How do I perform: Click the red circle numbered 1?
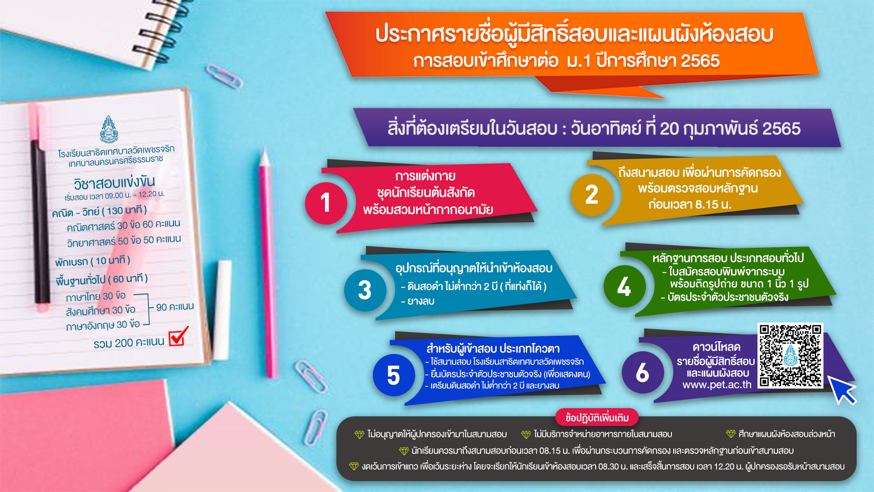tap(326, 203)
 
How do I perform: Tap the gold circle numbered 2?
tap(592, 195)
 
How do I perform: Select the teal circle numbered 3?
tap(365, 290)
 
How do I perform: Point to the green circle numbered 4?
tap(625, 287)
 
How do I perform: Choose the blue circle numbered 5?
tap(394, 375)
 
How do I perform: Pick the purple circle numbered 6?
tap(643, 372)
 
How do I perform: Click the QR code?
tap(790, 355)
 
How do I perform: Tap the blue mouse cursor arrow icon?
tap(841, 389)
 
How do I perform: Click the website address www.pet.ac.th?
tap(716, 385)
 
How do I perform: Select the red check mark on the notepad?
tap(178, 336)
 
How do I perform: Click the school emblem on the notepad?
tap(109, 129)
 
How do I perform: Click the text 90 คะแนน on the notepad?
tap(175, 307)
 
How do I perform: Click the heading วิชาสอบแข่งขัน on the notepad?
tap(114, 183)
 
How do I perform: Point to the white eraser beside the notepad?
tap(223, 310)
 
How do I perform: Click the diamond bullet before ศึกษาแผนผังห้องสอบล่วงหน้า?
tap(731, 434)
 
